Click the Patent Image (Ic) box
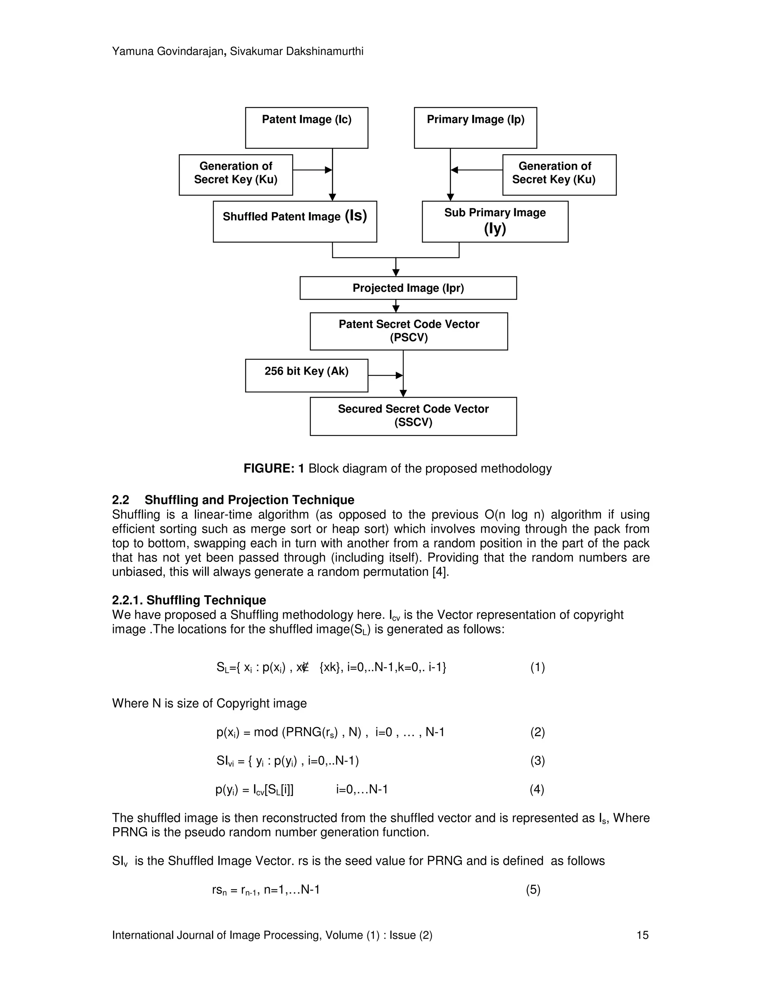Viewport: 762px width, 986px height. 307,128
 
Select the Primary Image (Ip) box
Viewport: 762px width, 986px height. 476,128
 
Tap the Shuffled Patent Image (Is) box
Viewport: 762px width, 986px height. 295,221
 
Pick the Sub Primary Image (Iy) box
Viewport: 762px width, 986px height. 495,221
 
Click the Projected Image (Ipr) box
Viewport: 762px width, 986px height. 408,288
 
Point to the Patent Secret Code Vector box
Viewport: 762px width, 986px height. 409,331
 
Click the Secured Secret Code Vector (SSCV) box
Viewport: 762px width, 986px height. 413,416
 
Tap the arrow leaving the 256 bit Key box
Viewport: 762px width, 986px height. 385,375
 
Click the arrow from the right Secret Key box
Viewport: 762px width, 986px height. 476,170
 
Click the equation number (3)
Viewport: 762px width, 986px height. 537,761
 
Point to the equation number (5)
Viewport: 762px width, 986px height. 533,889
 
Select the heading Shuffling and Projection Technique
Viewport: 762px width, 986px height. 249,500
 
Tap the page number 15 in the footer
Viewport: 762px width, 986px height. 642,935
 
